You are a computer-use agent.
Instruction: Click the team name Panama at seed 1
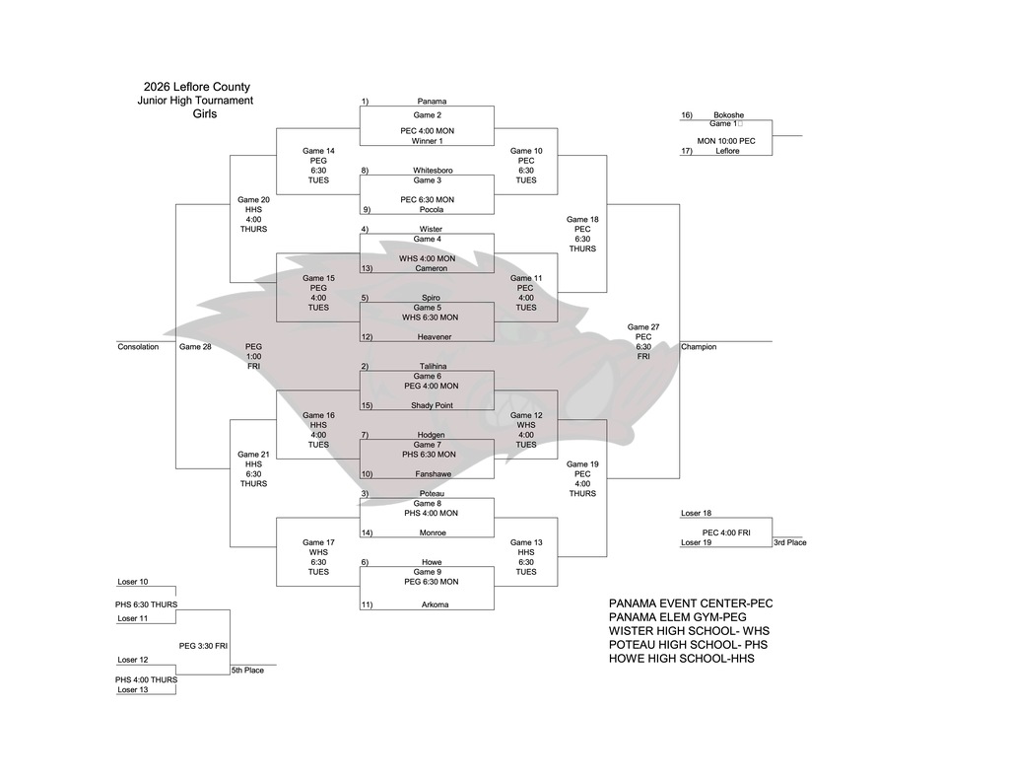tap(432, 101)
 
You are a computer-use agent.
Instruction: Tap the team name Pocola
tap(431, 209)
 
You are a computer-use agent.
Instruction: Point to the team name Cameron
tap(432, 268)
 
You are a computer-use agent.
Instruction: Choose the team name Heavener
tap(433, 336)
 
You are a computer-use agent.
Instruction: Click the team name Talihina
tap(432, 366)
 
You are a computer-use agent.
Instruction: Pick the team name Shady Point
tap(432, 405)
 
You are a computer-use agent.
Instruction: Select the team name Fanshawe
tap(432, 473)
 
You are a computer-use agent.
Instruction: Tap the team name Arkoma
tap(432, 604)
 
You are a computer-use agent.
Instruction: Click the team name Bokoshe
tap(728, 115)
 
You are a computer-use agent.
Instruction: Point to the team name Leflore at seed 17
tap(727, 151)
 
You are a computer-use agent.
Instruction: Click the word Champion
tap(699, 347)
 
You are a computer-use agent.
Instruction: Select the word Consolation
tap(138, 347)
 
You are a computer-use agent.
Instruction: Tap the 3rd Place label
tap(789, 542)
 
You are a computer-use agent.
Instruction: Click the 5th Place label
tap(247, 671)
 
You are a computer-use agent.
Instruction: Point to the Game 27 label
tap(643, 327)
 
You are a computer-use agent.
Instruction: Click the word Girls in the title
tap(205, 114)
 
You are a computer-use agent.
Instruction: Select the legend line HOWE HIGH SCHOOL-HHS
tap(681, 658)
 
